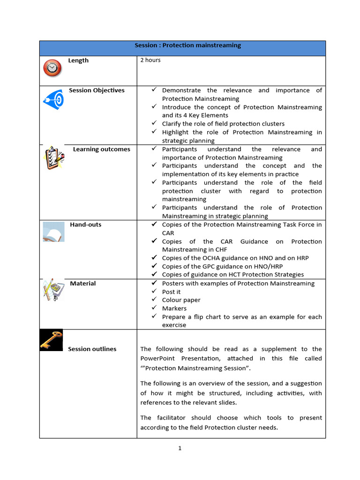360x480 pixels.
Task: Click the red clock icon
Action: point(52,68)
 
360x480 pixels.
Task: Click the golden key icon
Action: point(51,340)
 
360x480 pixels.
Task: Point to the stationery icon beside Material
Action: point(53,290)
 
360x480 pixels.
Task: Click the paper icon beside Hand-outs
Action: point(53,232)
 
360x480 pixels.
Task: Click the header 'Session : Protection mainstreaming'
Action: point(187,45)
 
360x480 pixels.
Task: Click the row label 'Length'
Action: point(78,60)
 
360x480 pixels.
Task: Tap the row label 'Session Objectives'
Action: point(97,90)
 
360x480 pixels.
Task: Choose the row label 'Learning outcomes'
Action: point(101,149)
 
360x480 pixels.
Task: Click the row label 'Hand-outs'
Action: point(85,225)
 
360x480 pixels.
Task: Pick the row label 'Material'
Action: point(82,283)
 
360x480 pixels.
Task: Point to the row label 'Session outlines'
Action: point(92,349)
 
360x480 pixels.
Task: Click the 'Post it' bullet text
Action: point(171,292)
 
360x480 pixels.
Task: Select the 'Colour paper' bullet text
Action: point(181,300)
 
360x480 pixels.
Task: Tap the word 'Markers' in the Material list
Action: point(174,308)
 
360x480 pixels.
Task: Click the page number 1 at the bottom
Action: point(180,448)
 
